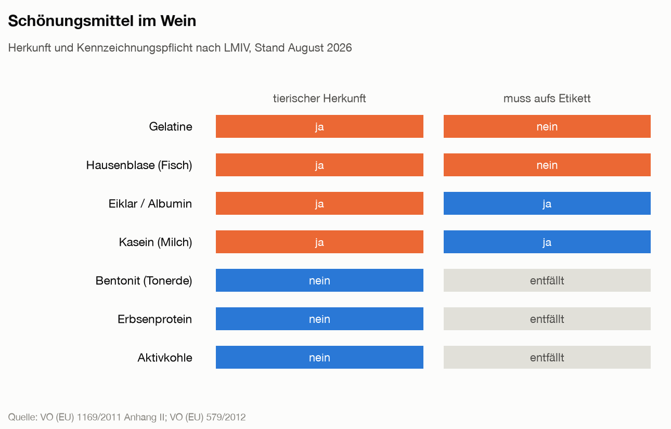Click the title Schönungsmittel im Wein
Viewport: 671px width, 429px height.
102,21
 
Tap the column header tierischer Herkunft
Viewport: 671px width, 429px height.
319,98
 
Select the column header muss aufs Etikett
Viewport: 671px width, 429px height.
547,98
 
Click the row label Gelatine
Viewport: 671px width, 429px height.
171,127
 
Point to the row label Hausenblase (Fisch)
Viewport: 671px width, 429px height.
139,165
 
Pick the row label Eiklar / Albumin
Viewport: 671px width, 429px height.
150,204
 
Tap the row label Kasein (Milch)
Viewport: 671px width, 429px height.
156,242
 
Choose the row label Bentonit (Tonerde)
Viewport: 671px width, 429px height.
144,281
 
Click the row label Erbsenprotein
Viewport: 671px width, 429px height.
154,319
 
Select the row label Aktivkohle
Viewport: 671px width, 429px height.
165,358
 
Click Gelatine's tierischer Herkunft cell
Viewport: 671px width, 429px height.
319,126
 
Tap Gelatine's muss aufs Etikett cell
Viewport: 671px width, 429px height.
547,126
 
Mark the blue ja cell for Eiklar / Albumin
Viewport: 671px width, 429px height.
547,203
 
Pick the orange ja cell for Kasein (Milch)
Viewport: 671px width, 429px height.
319,242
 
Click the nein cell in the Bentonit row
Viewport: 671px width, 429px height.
319,280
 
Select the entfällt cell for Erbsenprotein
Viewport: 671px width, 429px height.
547,319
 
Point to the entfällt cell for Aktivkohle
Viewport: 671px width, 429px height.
547,357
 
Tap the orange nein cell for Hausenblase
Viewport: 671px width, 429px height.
547,165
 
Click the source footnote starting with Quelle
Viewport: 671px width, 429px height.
127,418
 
